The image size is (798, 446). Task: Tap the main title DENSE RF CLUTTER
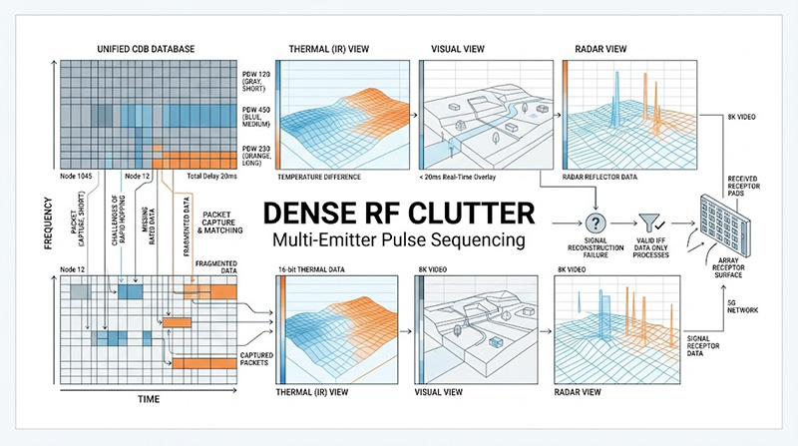pos(398,214)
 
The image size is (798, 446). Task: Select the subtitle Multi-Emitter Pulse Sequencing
pos(398,239)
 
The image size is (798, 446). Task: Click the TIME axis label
pos(149,398)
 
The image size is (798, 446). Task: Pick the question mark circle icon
pos(598,223)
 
